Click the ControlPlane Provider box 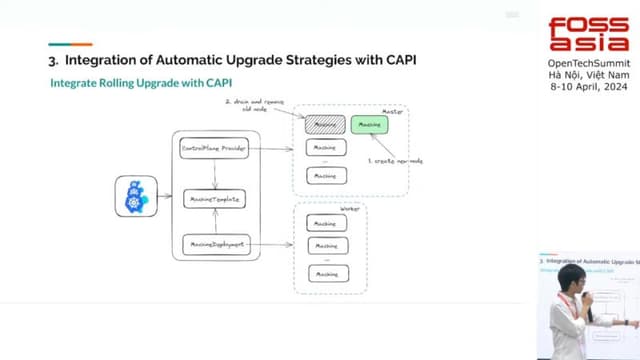point(213,148)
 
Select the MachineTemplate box point(213,198)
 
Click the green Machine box point(369,125)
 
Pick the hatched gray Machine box point(323,125)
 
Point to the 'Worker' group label point(349,209)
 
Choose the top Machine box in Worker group point(323,224)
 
